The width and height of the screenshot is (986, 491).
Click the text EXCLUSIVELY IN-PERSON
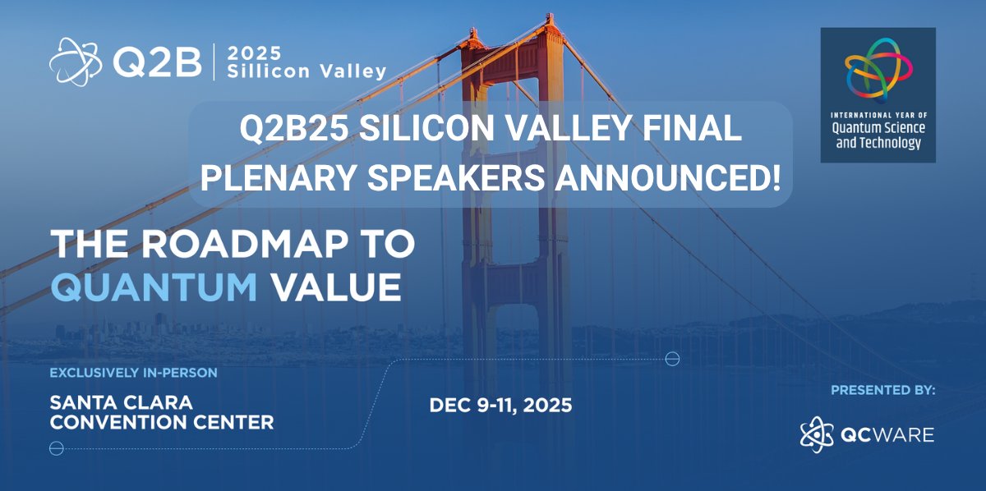[133, 373]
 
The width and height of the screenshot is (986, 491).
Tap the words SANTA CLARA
[121, 404]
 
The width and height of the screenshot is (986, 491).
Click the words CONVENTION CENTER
[162, 424]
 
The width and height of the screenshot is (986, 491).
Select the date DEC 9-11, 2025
[500, 406]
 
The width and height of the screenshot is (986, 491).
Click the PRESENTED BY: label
[882, 390]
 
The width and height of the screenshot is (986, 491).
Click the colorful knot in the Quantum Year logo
[878, 70]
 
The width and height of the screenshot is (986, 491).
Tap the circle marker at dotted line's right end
[672, 359]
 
